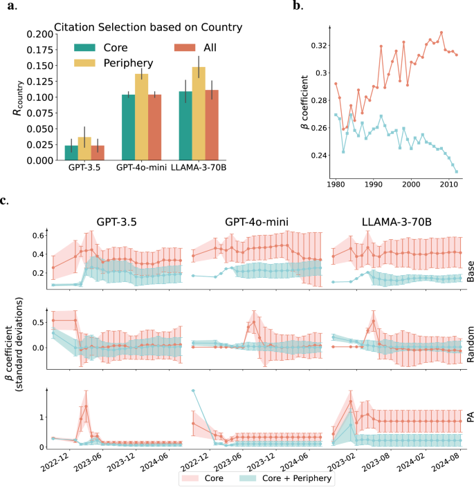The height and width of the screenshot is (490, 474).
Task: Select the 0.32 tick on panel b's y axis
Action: click(316, 45)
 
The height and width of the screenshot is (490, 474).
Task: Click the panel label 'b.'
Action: click(297, 7)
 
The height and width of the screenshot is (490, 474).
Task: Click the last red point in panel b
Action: click(457, 55)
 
